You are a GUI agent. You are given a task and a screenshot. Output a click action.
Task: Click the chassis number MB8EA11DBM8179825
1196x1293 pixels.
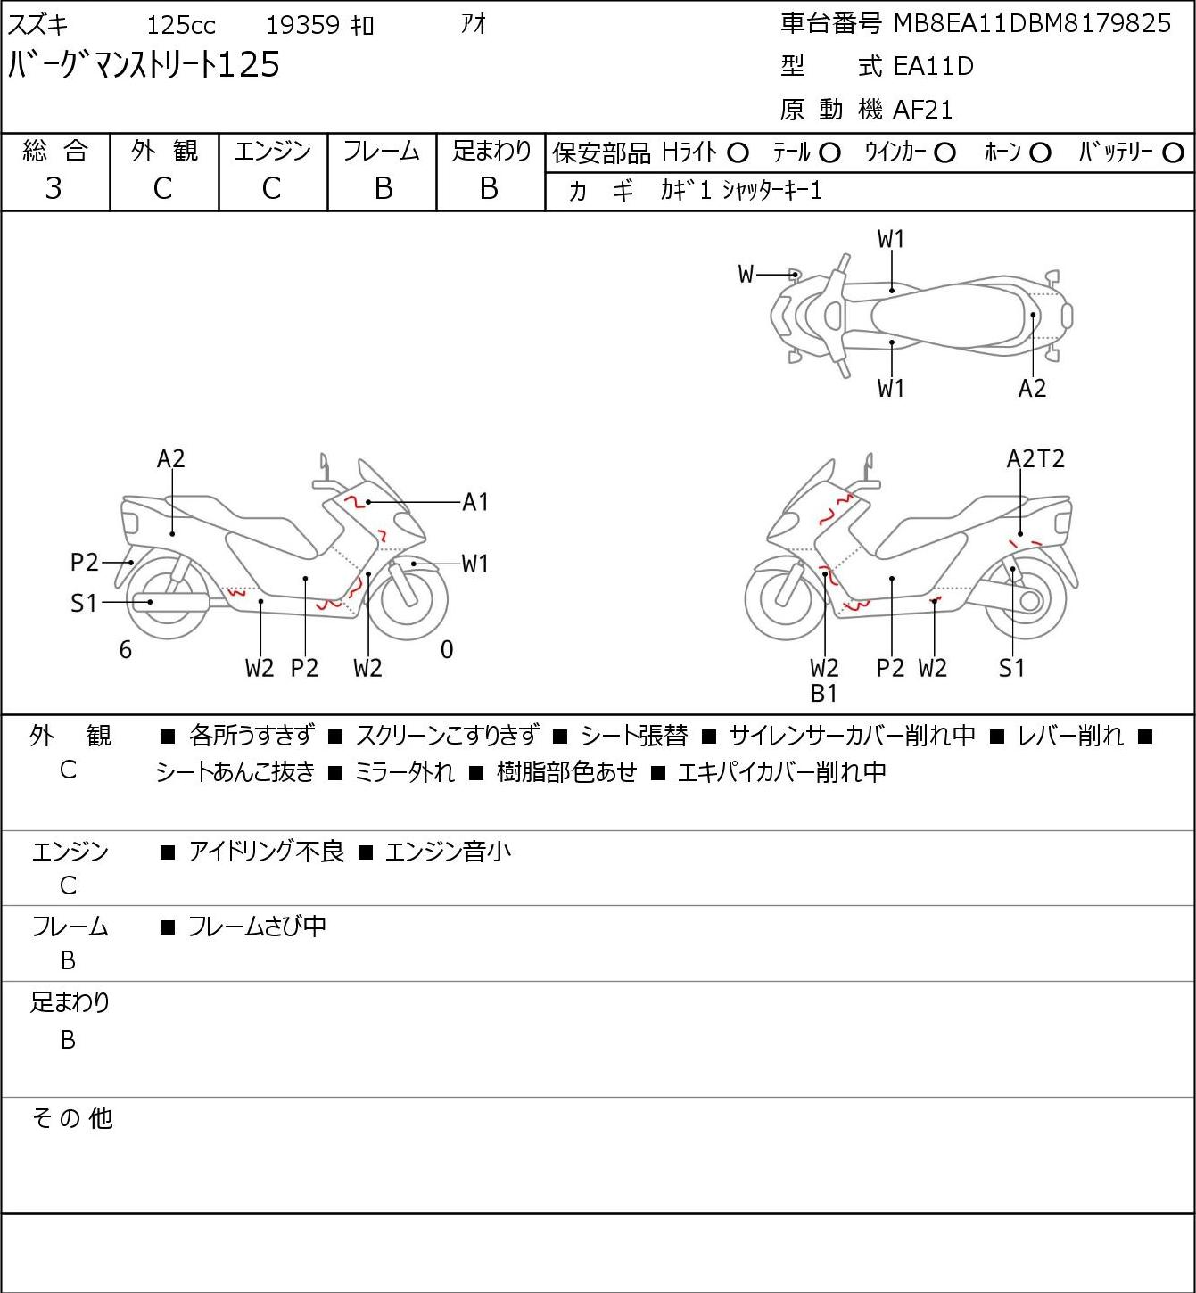1032,24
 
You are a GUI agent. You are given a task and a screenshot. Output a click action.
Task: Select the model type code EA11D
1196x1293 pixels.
934,66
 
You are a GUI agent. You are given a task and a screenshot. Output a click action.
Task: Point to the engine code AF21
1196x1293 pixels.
922,110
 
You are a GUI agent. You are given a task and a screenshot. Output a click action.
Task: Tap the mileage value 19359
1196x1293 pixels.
303,25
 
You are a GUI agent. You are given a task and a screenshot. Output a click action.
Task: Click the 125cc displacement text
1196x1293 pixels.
181,25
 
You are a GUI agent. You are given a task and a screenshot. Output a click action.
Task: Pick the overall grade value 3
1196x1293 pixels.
54,189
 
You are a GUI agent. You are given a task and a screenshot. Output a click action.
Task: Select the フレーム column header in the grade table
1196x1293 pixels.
381,151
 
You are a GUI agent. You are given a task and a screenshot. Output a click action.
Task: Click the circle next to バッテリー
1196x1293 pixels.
1173,153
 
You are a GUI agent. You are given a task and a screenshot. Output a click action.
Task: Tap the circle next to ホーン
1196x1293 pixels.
1040,153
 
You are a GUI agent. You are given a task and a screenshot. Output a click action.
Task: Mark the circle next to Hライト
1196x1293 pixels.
738,153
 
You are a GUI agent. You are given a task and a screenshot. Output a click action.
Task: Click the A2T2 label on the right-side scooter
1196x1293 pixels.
1035,459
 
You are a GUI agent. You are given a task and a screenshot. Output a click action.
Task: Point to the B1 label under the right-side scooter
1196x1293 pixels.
824,694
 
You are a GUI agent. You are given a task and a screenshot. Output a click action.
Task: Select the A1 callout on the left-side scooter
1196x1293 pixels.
474,502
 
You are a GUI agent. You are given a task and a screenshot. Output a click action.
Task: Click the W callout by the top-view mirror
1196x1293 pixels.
746,274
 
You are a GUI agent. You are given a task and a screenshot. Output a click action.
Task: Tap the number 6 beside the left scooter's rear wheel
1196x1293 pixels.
126,649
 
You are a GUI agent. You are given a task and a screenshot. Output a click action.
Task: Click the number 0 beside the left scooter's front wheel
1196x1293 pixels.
447,649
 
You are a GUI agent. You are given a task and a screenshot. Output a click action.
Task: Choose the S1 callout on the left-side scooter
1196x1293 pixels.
84,604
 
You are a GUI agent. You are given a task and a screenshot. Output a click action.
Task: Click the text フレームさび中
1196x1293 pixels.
257,927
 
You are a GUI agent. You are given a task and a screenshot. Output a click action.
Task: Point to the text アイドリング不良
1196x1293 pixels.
266,852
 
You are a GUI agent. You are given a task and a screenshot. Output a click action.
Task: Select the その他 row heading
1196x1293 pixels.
72,1118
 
